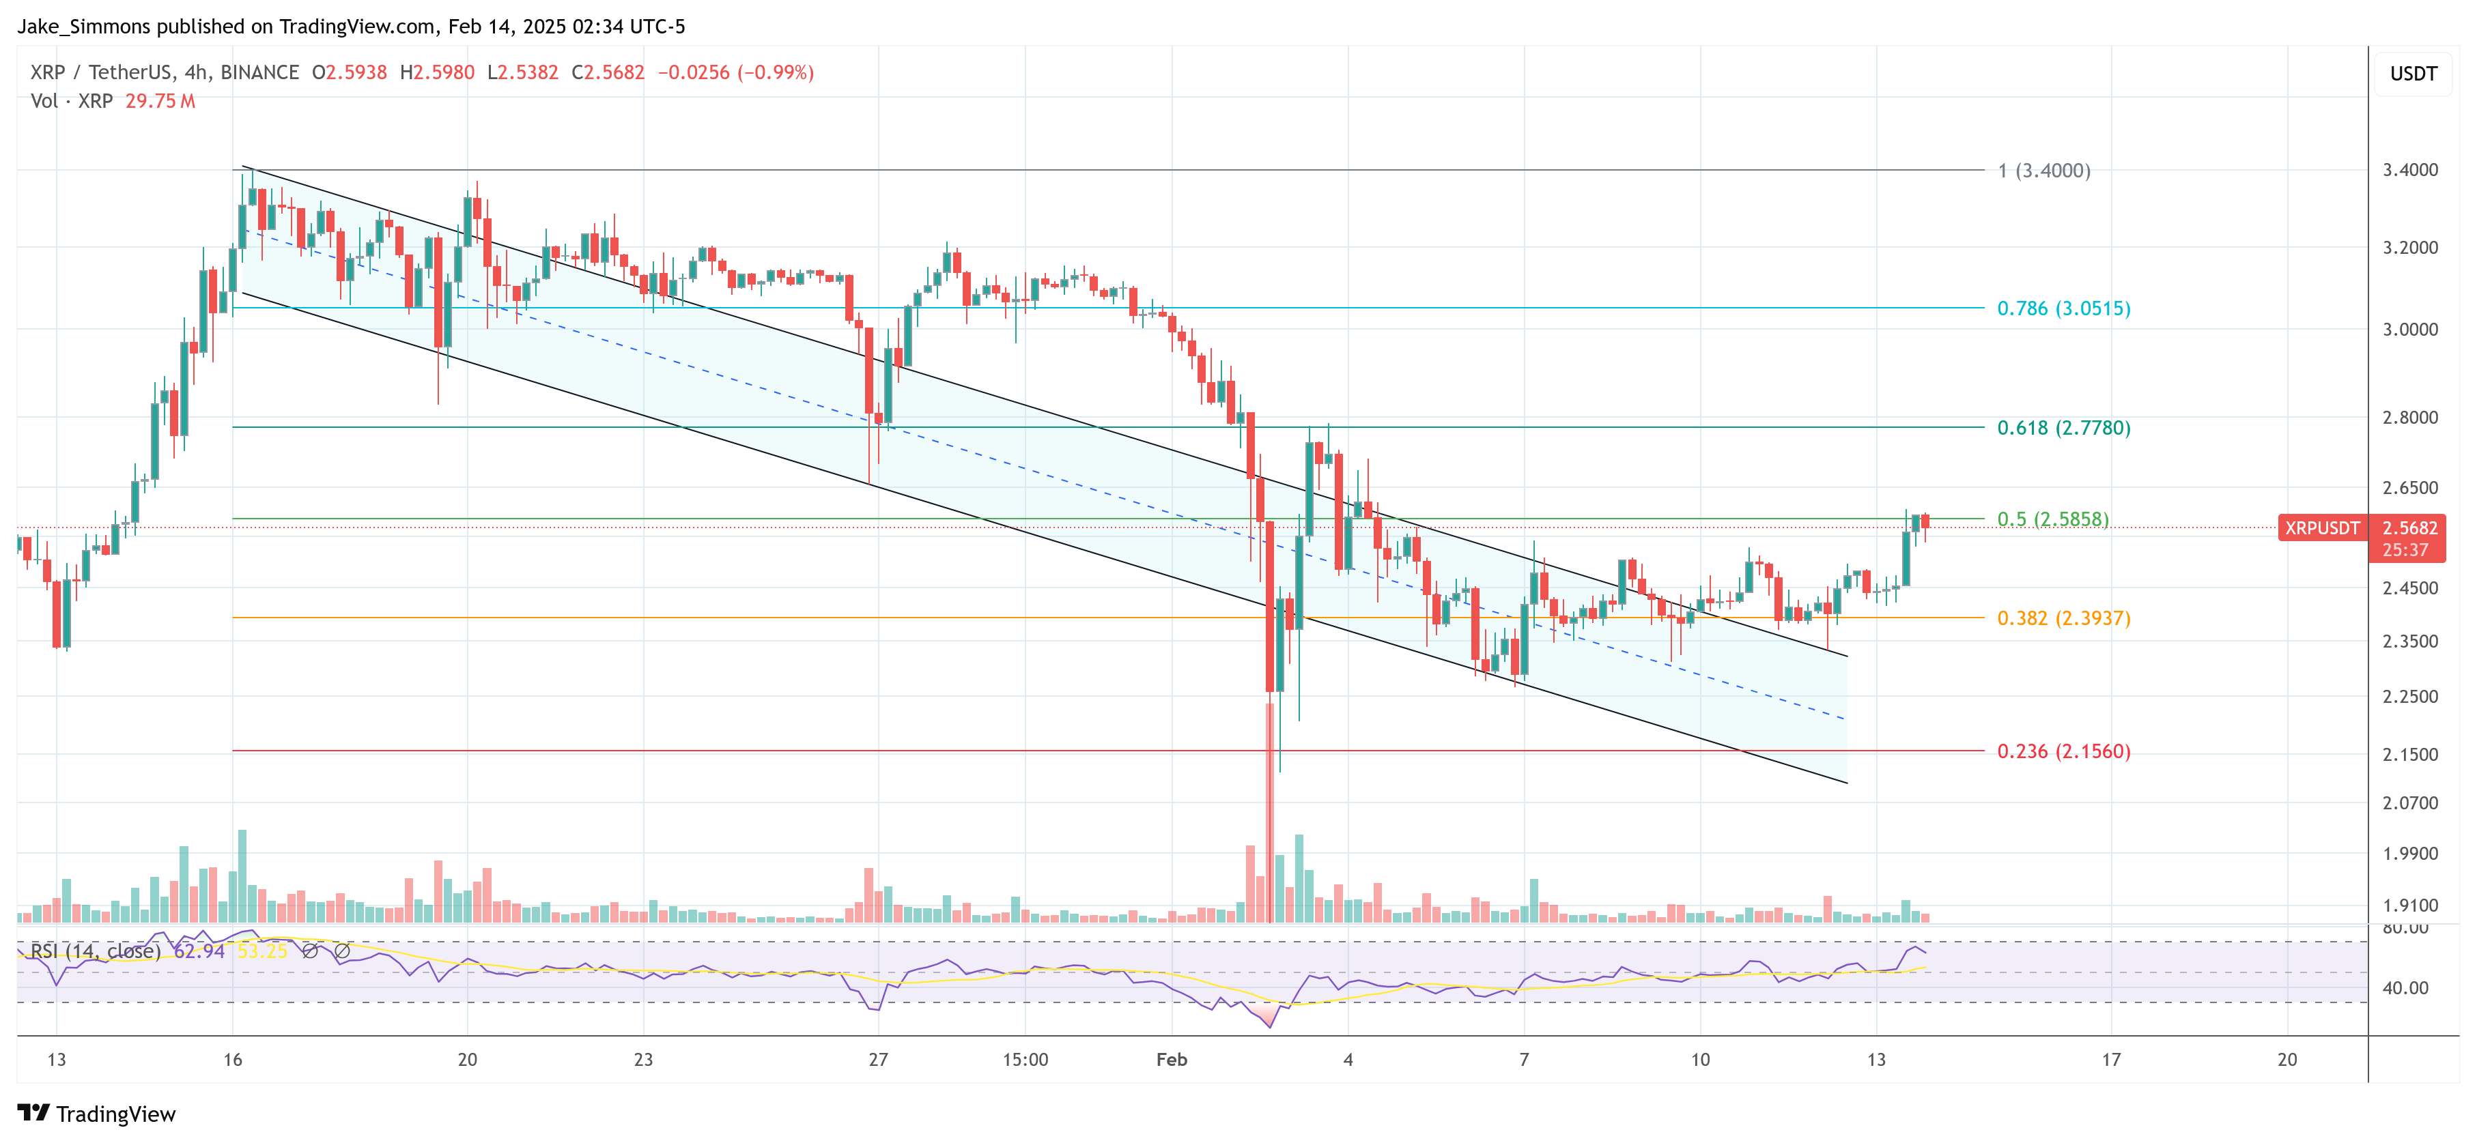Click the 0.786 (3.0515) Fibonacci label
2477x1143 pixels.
click(2063, 308)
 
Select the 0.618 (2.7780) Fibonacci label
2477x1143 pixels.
click(2063, 428)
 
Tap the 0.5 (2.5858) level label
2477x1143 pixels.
click(2052, 519)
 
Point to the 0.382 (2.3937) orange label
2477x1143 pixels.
click(2063, 618)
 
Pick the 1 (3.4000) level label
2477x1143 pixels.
click(2043, 171)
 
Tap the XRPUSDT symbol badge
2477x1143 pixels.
click(2321, 527)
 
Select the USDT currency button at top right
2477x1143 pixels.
click(2413, 74)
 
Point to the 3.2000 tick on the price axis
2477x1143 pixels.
click(2409, 248)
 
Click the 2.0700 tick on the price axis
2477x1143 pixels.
click(2409, 802)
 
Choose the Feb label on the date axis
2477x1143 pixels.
click(1171, 1059)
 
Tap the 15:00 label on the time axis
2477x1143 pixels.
click(1025, 1059)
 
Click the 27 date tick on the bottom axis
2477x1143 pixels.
click(878, 1059)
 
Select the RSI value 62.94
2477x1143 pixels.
click(199, 952)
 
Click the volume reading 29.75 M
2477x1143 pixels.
click(160, 101)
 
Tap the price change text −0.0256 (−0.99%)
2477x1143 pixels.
click(735, 72)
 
